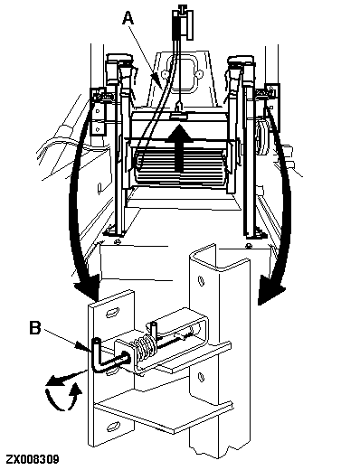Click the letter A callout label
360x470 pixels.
point(128,18)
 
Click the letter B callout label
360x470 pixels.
point(35,328)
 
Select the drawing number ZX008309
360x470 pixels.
point(33,459)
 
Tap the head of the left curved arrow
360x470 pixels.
point(88,288)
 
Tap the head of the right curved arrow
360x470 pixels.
point(270,292)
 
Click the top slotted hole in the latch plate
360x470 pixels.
point(112,312)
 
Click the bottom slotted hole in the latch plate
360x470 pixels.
point(114,427)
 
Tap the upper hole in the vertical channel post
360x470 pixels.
point(200,280)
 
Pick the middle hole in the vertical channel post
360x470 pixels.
point(200,377)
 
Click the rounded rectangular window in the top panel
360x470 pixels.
point(182,72)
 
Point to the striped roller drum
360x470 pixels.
point(180,165)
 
